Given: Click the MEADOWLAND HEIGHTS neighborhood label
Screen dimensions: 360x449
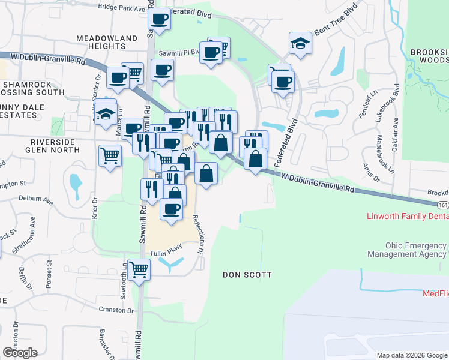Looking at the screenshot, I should (x=107, y=43).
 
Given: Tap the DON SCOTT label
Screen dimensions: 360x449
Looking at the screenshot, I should (x=247, y=275).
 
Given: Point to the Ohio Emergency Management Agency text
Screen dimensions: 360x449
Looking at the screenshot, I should (x=417, y=250).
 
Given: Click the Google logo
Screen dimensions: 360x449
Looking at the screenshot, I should (x=20, y=353).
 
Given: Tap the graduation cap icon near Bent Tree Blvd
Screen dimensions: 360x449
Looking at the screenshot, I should (x=300, y=43).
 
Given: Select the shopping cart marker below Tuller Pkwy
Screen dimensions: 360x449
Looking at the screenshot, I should (x=139, y=269).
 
